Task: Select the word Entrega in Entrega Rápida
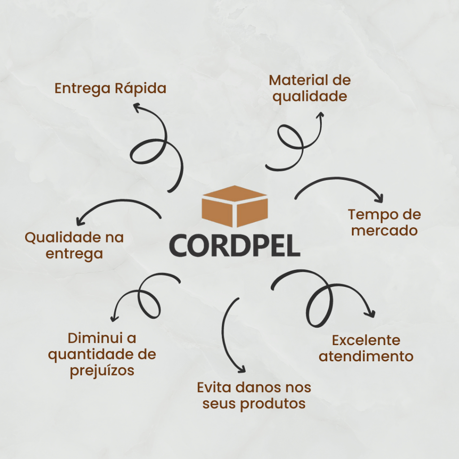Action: click(82, 88)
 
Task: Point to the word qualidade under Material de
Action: click(310, 96)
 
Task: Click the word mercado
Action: click(385, 231)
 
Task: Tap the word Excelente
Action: click(366, 340)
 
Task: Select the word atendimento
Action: click(366, 356)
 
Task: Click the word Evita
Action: click(215, 387)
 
